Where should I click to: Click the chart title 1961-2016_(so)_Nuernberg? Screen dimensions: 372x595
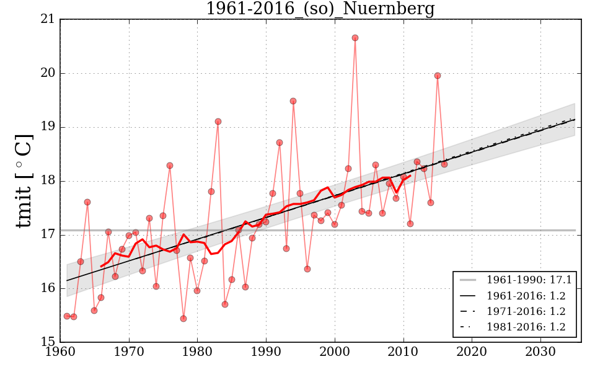(x=320, y=9)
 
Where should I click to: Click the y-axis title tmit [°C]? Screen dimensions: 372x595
(x=23, y=180)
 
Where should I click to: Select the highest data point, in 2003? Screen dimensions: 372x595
(x=355, y=38)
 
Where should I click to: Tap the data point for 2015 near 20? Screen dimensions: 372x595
(x=438, y=76)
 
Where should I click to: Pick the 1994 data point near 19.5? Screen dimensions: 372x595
(x=293, y=101)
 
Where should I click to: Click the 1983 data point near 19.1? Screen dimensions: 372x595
(x=218, y=122)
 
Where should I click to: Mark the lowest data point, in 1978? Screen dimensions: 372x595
(x=183, y=319)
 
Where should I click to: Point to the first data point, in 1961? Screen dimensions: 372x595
(x=67, y=316)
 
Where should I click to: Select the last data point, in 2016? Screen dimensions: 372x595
(x=444, y=164)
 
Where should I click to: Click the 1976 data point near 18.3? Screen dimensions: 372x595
(x=170, y=166)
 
